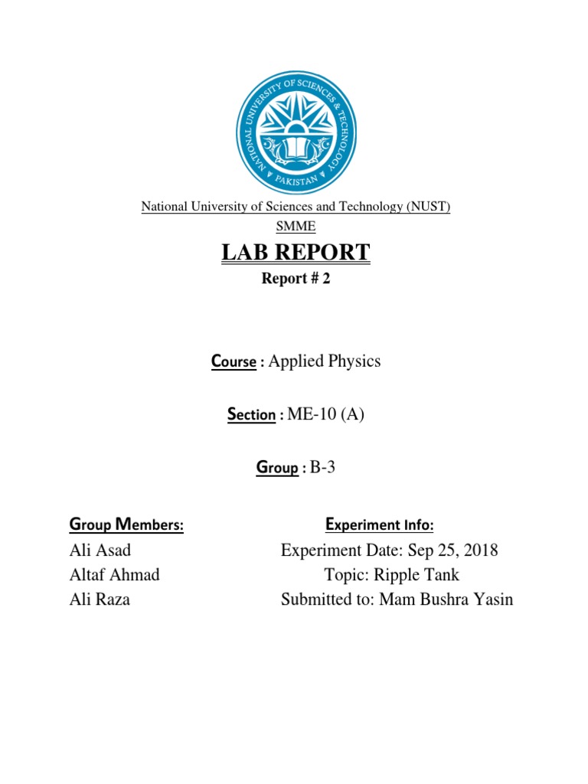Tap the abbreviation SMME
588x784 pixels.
[296, 227]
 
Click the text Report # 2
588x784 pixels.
[296, 279]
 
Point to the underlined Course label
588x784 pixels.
[234, 362]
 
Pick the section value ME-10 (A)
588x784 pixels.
[325, 414]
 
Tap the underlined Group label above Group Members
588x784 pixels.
[276, 469]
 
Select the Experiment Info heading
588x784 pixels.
[380, 525]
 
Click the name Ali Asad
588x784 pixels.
[100, 550]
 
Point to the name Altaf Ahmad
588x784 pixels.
[114, 575]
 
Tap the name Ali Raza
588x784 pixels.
[100, 599]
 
